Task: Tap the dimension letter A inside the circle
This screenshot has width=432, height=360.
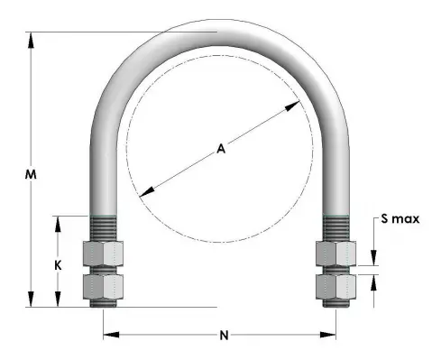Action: tap(220, 150)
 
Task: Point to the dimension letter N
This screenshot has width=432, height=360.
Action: tap(223, 335)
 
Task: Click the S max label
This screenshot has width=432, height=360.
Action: tap(400, 218)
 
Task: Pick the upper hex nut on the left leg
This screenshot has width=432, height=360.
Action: tap(103, 254)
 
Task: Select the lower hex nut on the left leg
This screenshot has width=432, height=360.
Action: tap(103, 287)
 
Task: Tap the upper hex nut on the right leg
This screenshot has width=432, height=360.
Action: tap(335, 254)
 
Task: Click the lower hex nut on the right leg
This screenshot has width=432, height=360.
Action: tap(335, 287)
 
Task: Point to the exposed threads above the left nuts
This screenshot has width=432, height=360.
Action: tap(104, 227)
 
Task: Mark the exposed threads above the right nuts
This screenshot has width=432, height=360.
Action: tap(335, 227)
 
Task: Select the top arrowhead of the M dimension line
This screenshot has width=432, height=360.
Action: tap(32, 39)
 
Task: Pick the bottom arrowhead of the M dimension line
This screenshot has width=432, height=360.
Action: tap(32, 301)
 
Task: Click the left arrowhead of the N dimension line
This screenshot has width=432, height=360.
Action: tap(108, 336)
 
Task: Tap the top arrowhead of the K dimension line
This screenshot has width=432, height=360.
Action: tap(60, 221)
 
